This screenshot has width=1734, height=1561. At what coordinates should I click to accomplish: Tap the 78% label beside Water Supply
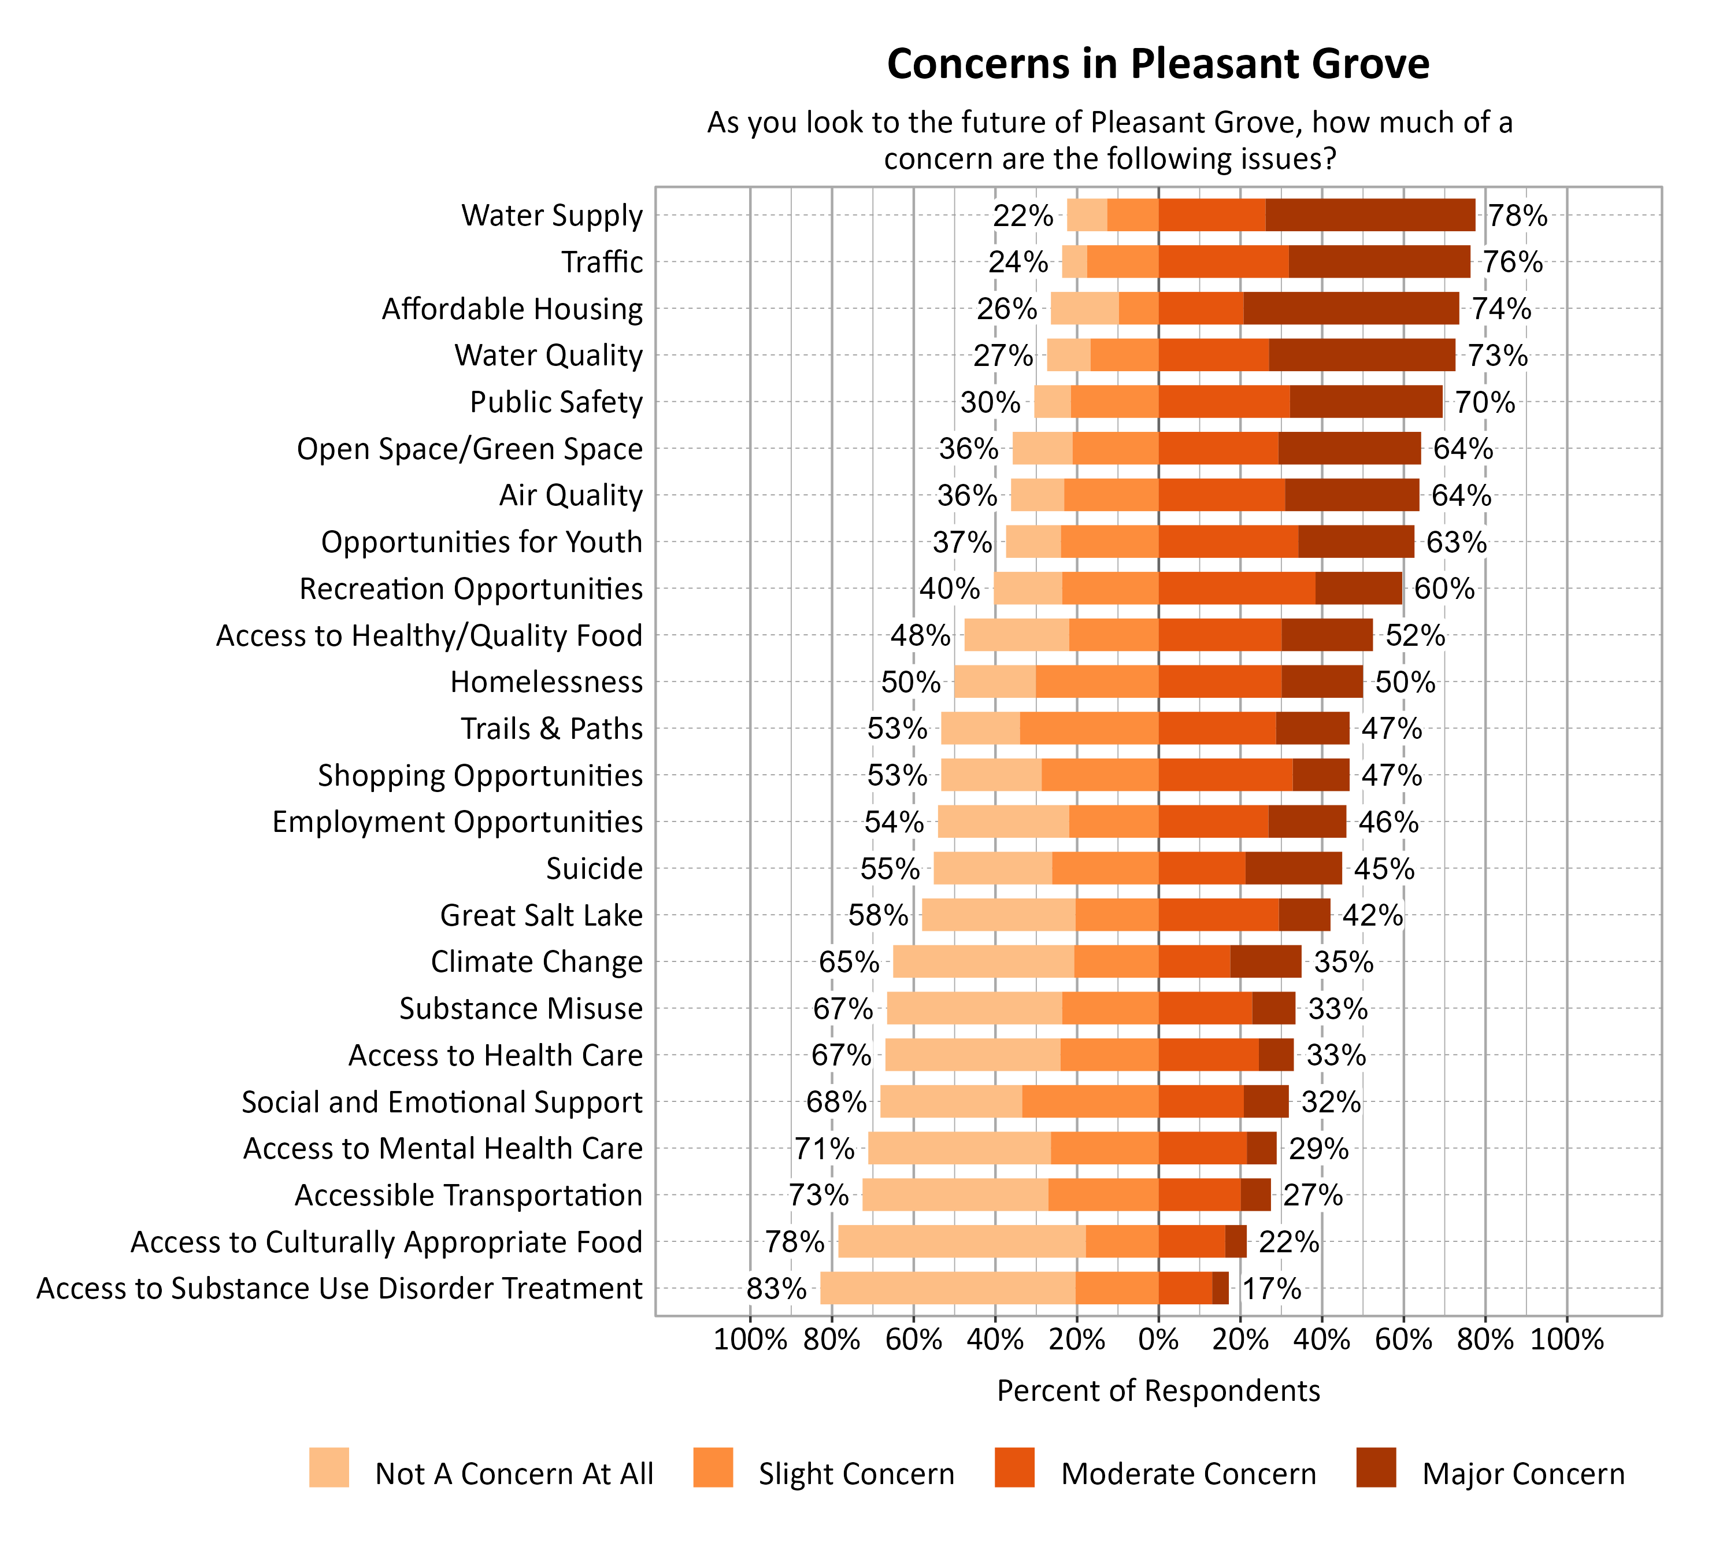(x=1517, y=215)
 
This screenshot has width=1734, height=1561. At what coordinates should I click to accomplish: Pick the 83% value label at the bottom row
(x=776, y=1288)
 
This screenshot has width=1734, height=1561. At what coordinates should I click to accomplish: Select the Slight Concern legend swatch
(x=713, y=1467)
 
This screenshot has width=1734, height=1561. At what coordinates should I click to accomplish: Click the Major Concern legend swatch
(x=1376, y=1467)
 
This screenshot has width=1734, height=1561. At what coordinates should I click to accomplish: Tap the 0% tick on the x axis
(x=1158, y=1340)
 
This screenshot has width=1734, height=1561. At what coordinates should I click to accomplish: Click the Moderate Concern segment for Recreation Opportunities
(x=1236, y=589)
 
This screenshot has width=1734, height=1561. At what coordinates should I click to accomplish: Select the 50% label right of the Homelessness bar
(x=1405, y=682)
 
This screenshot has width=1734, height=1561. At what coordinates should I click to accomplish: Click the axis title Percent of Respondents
(x=1158, y=1390)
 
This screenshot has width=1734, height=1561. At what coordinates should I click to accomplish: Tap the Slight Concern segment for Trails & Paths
(x=1088, y=728)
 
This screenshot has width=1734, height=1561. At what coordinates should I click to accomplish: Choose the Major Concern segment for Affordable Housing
(x=1351, y=309)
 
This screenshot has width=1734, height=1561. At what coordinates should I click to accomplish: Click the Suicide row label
(x=594, y=869)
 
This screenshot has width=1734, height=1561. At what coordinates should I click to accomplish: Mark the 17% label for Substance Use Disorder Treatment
(x=1271, y=1288)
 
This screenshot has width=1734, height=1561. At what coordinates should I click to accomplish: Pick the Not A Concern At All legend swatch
(x=329, y=1467)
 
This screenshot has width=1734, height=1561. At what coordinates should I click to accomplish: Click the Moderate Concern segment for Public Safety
(x=1224, y=401)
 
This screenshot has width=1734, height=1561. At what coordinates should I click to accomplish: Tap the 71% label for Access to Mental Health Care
(x=824, y=1148)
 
